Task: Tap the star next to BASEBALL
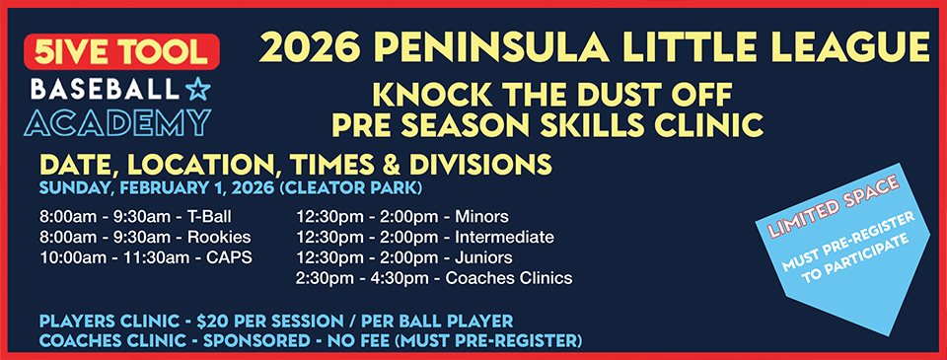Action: tap(197, 92)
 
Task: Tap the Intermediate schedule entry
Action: tap(424, 237)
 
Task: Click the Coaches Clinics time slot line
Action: tap(434, 278)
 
